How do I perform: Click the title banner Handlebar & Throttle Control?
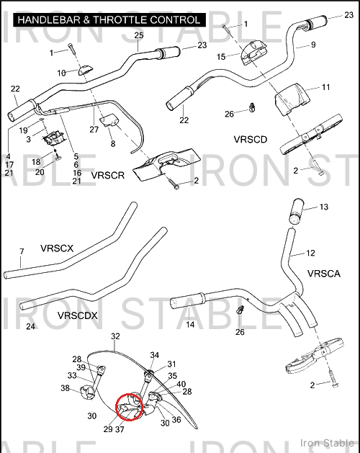(x=109, y=19)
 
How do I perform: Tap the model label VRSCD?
(x=251, y=140)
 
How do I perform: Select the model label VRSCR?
(x=108, y=175)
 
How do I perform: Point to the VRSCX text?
(x=57, y=248)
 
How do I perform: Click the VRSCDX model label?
(x=78, y=315)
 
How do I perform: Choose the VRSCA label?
(x=324, y=274)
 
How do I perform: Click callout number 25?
(x=139, y=35)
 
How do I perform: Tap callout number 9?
(x=313, y=45)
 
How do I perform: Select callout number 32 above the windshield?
(x=115, y=336)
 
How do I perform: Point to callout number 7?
(x=22, y=251)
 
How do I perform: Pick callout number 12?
(x=310, y=253)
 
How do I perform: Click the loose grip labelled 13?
(x=296, y=211)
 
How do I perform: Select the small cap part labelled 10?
(x=85, y=70)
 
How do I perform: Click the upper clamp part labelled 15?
(x=252, y=53)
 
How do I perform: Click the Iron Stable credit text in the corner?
(x=327, y=443)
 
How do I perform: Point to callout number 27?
(x=94, y=130)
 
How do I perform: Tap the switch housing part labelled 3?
(x=53, y=138)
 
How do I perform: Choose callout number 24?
(x=30, y=326)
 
